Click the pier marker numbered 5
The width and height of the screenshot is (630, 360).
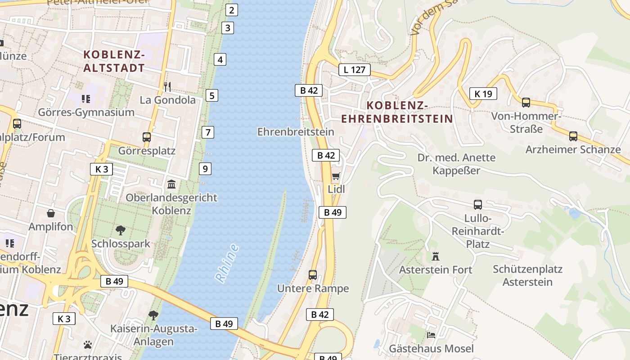[211, 95]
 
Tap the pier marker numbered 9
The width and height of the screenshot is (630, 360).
[205, 169]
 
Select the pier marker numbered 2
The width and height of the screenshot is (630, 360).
[231, 10]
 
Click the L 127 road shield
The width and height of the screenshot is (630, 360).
[354, 69]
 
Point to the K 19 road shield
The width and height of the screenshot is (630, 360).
[483, 94]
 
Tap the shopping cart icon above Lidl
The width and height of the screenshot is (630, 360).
[336, 176]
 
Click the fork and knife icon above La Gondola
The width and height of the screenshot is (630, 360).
[167, 86]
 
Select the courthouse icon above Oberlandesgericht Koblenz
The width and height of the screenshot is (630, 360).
[171, 184]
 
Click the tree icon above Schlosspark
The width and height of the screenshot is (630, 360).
[120, 230]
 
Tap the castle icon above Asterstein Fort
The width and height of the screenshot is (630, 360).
[435, 256]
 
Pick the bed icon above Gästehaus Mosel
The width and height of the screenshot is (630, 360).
[431, 335]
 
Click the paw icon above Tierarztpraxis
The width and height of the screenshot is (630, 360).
[88, 345]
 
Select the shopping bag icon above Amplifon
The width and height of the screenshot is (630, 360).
[51, 213]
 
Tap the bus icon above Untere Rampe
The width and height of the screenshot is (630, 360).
[312, 274]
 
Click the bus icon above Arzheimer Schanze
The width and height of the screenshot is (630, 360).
[573, 136]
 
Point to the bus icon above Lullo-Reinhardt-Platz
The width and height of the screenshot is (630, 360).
[478, 205]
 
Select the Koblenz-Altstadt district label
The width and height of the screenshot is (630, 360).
[114, 61]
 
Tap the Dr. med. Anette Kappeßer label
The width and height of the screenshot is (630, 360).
[456, 164]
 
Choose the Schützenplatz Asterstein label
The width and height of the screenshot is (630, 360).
[527, 275]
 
